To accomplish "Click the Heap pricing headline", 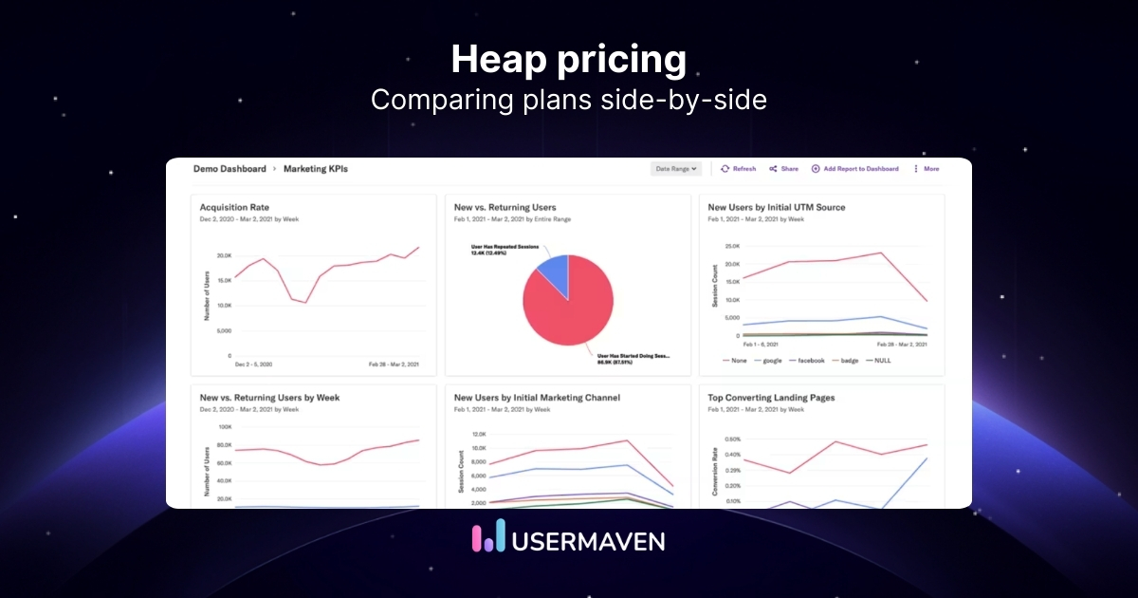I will [568, 59].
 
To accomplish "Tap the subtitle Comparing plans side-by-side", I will [568, 100].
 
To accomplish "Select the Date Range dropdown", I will [676, 169].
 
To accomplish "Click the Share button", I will [784, 169].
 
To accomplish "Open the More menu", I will [926, 169].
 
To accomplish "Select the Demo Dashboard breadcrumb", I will [229, 169].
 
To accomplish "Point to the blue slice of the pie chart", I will [553, 272].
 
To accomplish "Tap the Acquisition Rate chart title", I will [234, 207].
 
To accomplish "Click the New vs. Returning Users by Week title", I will [269, 398].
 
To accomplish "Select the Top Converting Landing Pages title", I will [771, 398].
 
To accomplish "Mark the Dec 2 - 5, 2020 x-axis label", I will [254, 364].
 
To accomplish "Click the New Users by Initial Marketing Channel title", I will [538, 398].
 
